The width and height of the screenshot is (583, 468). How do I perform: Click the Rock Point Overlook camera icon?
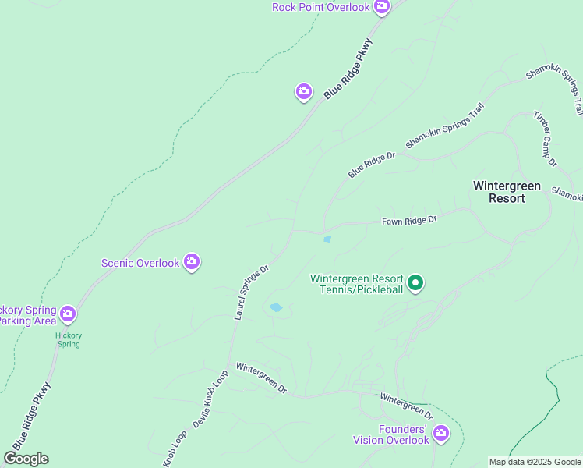coord(381,7)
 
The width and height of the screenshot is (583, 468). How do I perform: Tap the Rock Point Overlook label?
coord(320,7)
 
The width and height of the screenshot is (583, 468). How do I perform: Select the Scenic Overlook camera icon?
coord(192,263)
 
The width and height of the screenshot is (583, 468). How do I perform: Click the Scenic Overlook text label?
coord(140,263)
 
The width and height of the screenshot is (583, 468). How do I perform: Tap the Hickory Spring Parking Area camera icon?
coord(68,314)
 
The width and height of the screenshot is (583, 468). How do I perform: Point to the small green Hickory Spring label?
coord(69,339)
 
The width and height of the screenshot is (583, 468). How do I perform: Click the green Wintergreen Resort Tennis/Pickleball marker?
coord(416,283)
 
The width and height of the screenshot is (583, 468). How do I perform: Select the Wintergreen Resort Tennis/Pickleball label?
coord(356,284)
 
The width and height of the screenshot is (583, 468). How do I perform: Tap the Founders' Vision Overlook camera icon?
coord(441,433)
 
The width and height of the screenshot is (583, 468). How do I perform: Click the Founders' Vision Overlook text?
coord(392,435)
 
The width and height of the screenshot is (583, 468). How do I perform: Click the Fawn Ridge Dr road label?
coord(409,221)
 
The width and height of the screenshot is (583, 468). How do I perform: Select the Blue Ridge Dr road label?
coord(372,165)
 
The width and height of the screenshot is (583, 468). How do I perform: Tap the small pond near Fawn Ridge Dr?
coord(327,239)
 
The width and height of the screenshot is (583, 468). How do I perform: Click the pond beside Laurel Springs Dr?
coord(275,307)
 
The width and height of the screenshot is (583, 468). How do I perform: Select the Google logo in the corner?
coord(26,459)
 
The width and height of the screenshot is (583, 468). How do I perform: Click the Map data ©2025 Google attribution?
coord(535,462)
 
